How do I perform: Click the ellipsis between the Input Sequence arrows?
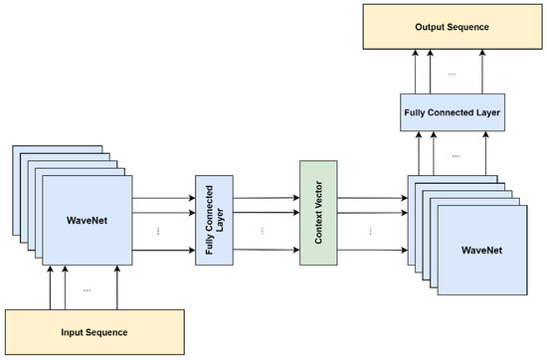(x=87, y=289)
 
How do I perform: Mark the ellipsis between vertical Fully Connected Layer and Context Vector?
(x=264, y=230)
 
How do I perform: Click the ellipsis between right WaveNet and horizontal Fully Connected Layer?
(x=456, y=155)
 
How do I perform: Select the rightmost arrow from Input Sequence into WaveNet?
(x=117, y=287)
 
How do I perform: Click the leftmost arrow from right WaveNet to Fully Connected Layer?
(x=418, y=154)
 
